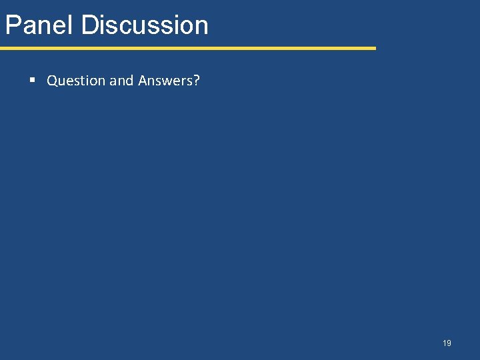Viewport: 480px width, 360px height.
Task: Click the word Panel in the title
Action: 39,25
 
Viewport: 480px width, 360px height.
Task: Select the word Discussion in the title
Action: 145,25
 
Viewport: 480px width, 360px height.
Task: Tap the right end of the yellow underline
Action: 375,48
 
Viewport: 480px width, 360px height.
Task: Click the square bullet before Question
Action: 32,81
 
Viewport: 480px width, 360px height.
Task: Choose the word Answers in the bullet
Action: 166,81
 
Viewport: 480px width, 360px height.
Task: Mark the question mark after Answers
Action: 197,81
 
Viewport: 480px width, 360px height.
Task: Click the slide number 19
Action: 447,343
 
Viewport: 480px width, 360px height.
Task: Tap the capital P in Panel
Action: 12,25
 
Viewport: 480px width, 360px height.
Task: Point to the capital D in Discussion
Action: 89,25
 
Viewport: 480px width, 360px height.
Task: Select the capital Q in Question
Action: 52,81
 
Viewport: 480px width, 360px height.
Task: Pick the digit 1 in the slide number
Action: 444,343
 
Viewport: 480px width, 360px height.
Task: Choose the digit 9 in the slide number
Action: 449,343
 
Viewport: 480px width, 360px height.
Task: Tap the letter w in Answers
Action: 168,81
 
